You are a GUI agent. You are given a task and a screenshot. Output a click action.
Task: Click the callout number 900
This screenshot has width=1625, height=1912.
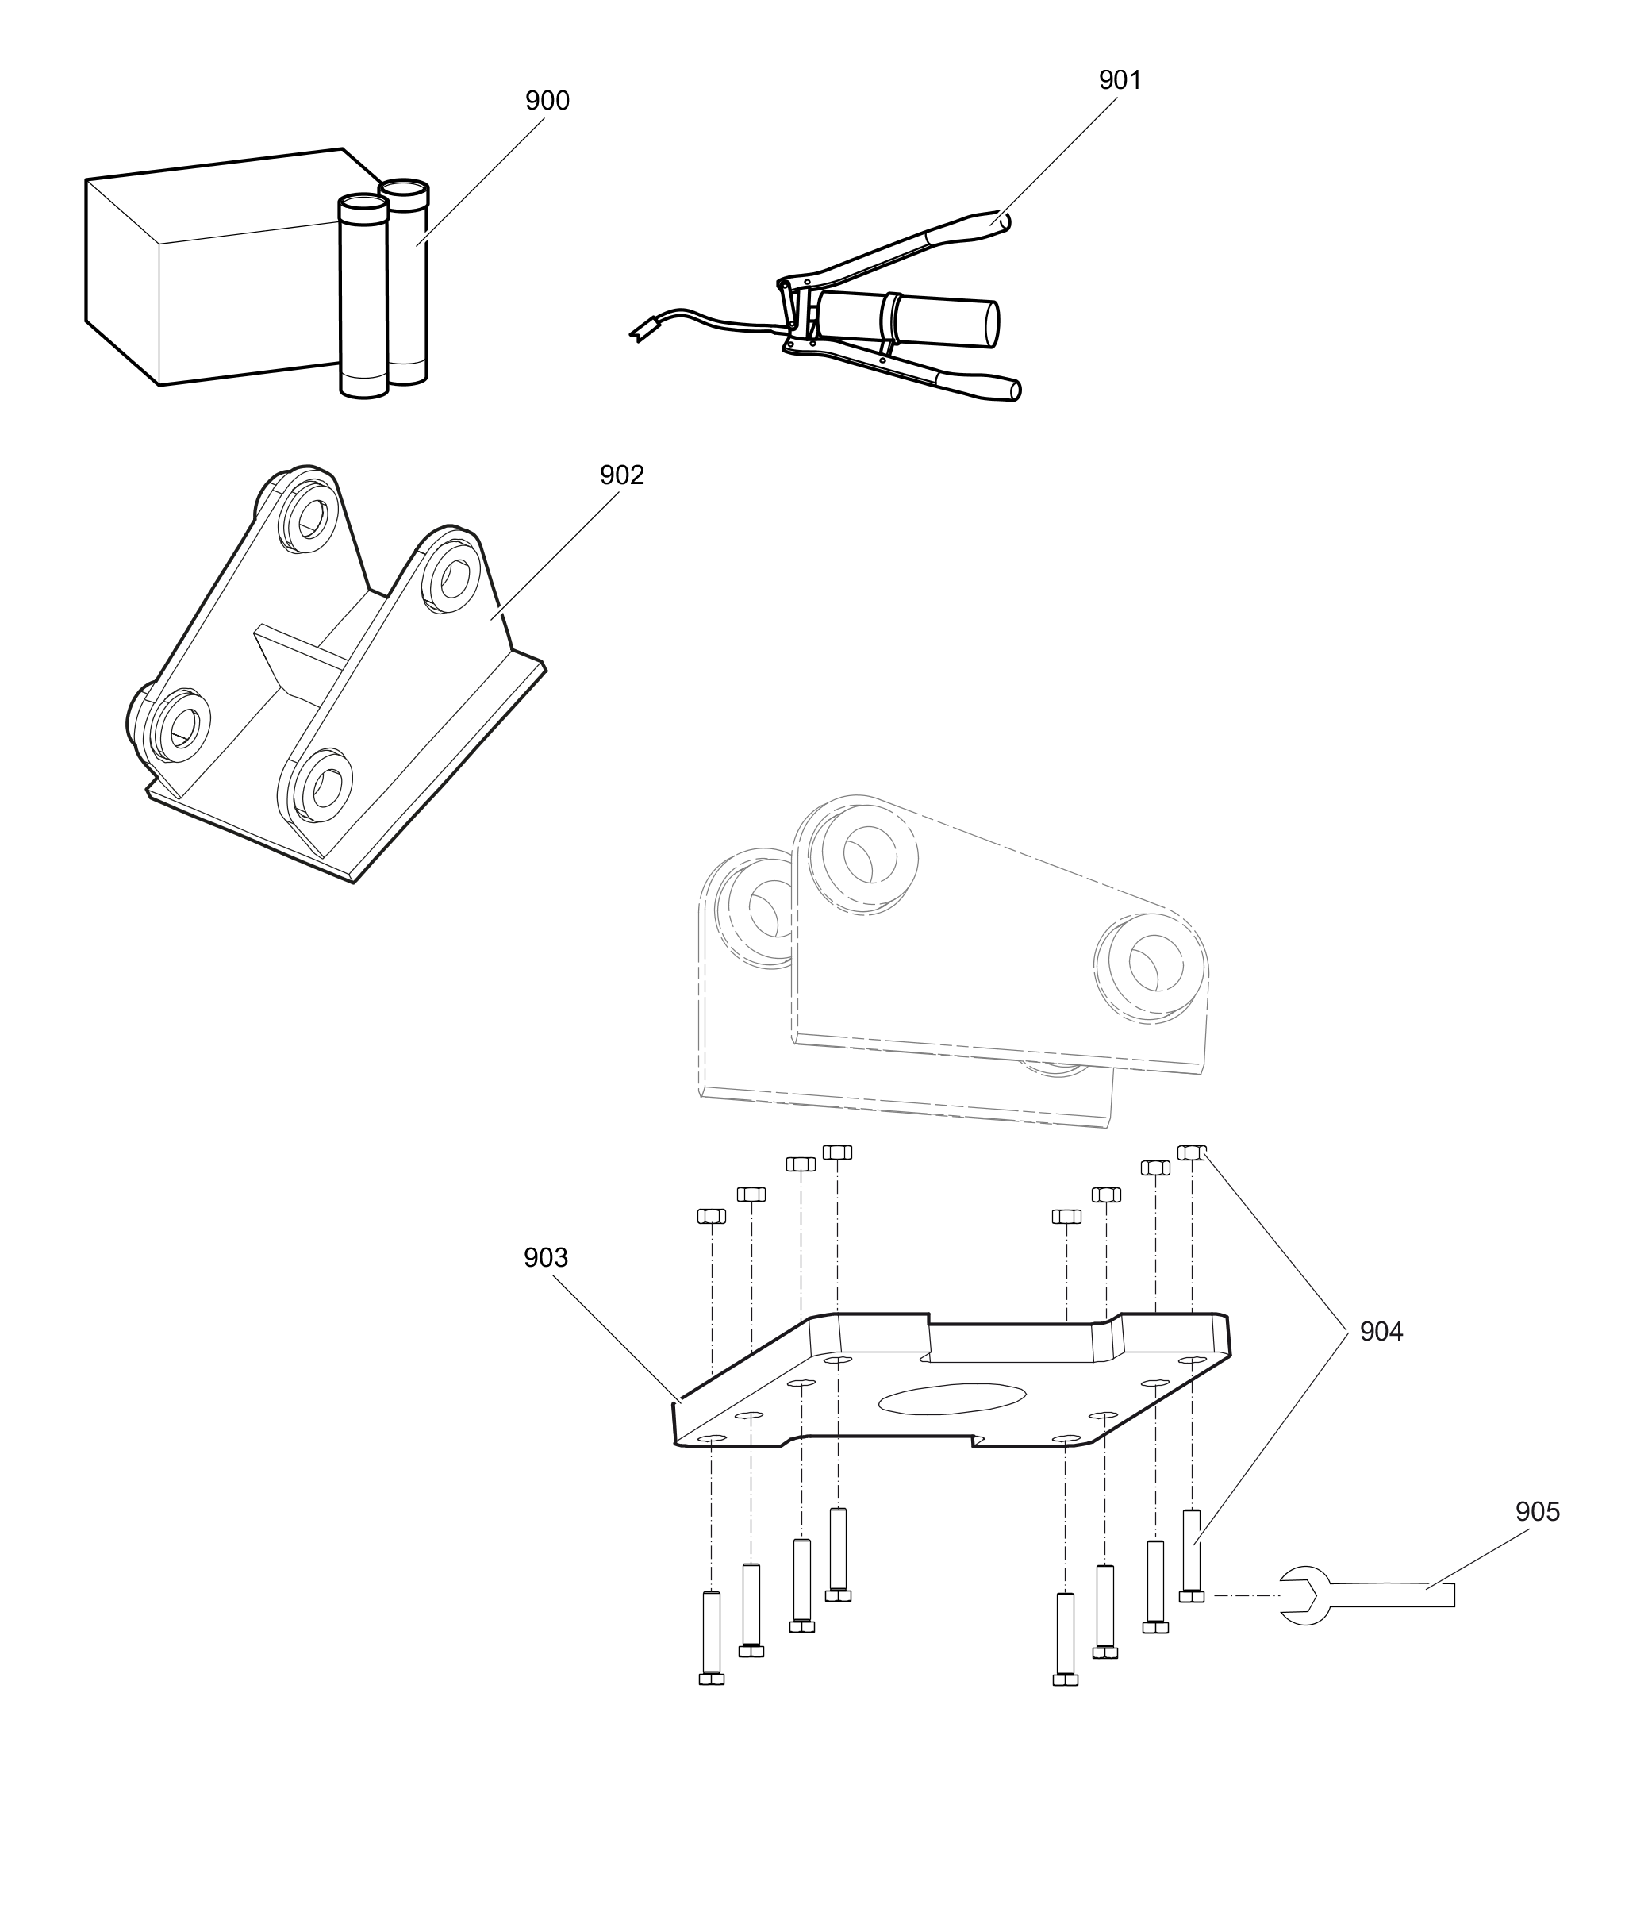click(547, 101)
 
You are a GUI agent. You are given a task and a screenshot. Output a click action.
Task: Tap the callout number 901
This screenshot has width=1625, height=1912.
click(1120, 80)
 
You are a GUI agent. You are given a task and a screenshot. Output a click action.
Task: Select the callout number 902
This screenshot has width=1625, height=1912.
click(622, 475)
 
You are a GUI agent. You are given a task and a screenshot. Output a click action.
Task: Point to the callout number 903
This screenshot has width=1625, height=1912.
click(545, 1258)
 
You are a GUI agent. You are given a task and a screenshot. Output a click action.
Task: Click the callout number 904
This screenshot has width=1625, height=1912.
click(1381, 1332)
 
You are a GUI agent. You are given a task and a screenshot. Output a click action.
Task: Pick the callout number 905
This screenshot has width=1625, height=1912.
click(1538, 1512)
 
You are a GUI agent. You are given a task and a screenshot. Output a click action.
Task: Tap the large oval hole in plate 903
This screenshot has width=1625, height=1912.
click(951, 1398)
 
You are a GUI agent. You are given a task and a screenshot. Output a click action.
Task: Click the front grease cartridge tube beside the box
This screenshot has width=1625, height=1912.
click(363, 295)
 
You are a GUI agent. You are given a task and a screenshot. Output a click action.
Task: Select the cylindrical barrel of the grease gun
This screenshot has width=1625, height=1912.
click(939, 319)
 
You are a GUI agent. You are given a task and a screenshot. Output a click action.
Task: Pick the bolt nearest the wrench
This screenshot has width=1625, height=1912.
click(1191, 1556)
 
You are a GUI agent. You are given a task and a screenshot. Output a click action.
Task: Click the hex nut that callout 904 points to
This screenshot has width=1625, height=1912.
click(1191, 1152)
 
